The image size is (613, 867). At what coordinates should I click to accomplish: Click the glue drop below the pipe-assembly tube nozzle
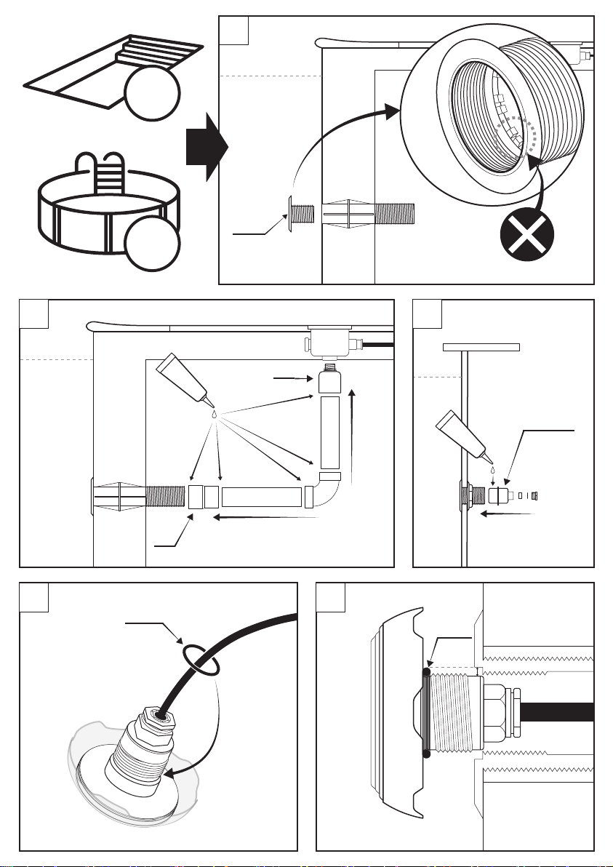click(215, 413)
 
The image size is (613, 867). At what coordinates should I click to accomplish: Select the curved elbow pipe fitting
click(331, 492)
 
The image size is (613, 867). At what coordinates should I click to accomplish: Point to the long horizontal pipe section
click(261, 497)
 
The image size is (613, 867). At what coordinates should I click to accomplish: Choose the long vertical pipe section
click(329, 432)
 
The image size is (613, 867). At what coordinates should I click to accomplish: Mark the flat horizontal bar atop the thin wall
click(481, 347)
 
